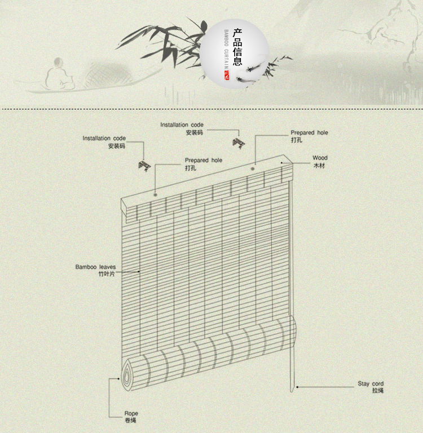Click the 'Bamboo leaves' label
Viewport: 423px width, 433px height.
click(x=95, y=267)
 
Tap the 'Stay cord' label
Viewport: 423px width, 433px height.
click(x=371, y=383)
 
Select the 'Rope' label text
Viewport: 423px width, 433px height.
click(x=131, y=413)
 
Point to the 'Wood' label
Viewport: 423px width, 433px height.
click(x=320, y=158)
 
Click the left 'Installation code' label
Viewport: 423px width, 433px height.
click(x=104, y=138)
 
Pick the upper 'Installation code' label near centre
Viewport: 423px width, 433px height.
click(x=182, y=125)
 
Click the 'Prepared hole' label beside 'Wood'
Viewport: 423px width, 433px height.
click(x=309, y=132)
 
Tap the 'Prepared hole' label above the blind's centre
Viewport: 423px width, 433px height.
click(x=204, y=160)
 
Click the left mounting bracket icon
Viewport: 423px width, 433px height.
click(x=144, y=166)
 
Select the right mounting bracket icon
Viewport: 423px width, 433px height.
click(x=239, y=144)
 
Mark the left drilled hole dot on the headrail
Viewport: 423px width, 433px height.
click(x=155, y=195)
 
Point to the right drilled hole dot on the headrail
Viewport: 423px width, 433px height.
click(x=253, y=169)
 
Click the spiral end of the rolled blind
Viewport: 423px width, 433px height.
click(x=127, y=375)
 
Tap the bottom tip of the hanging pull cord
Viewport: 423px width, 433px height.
click(x=292, y=391)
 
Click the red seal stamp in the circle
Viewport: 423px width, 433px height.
click(x=227, y=75)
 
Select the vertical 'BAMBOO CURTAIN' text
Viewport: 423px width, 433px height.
click(x=226, y=49)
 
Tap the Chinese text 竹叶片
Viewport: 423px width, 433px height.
click(x=107, y=274)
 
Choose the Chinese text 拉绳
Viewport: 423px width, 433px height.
click(x=378, y=391)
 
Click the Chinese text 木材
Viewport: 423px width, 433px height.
click(x=319, y=165)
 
